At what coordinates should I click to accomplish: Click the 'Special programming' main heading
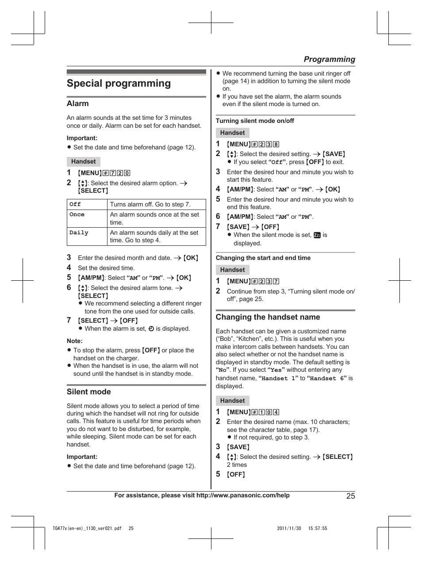click(x=119, y=84)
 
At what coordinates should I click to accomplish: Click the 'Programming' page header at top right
click(x=329, y=59)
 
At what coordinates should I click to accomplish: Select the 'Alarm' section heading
click(x=78, y=103)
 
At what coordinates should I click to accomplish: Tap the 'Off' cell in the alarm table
click(x=75, y=204)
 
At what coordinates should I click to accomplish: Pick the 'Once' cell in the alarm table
click(x=77, y=214)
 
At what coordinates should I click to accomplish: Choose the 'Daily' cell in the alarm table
click(x=79, y=233)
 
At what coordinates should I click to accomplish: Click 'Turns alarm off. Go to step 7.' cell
click(x=150, y=204)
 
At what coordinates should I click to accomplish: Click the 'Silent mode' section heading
click(x=89, y=392)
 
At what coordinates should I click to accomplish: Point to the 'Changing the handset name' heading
click(x=268, y=317)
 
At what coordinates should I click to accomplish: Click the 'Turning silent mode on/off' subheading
click(x=255, y=121)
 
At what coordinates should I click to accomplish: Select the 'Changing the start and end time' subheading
click(x=263, y=258)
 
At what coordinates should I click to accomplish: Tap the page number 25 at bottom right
click(x=350, y=496)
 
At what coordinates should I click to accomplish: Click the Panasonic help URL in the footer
click(x=243, y=495)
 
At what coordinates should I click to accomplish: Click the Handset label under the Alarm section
click(x=84, y=161)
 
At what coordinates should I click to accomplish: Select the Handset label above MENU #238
click(x=233, y=133)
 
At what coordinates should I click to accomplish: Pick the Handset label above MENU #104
click(x=233, y=401)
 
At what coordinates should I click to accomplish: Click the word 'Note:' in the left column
click(x=75, y=341)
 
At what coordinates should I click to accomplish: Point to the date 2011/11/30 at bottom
click(x=289, y=528)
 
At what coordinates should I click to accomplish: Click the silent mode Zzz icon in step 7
click(x=317, y=235)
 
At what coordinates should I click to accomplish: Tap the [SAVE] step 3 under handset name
click(x=238, y=447)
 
